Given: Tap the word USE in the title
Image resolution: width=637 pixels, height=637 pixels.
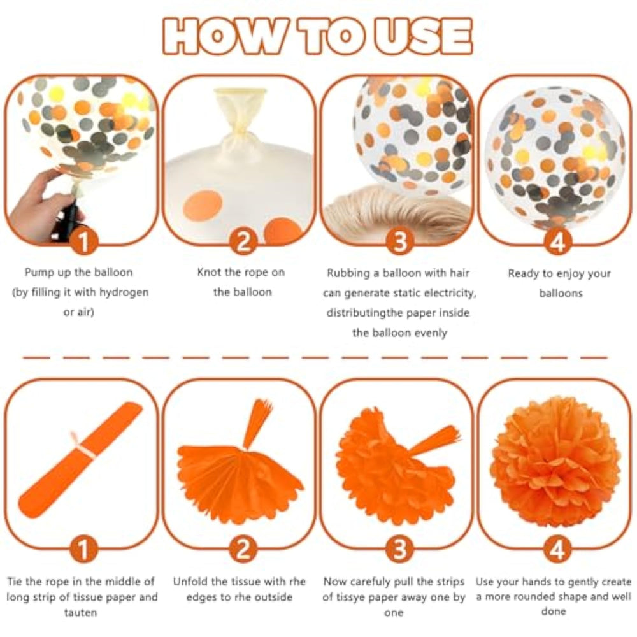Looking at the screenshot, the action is [423, 36].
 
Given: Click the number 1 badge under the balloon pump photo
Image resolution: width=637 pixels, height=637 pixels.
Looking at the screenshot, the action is [83, 242].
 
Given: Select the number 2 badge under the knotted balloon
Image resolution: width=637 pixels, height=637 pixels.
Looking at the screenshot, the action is [243, 242].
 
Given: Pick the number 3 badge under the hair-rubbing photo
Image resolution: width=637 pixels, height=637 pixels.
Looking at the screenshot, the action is [400, 242].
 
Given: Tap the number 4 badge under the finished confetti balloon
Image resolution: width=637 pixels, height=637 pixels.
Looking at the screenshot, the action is [557, 242].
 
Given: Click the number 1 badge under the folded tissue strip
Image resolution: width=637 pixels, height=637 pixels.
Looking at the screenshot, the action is [83, 549].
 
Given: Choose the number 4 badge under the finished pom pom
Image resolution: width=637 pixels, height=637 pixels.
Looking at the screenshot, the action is [557, 549].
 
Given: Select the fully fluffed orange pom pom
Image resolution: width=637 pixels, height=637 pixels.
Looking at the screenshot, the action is [555, 461].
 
